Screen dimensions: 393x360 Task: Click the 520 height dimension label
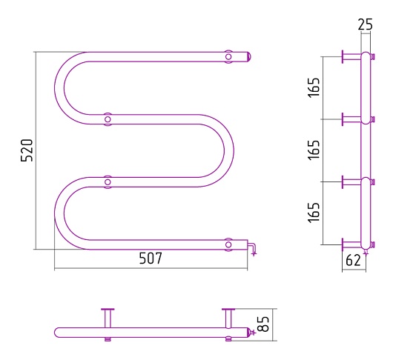(27, 150)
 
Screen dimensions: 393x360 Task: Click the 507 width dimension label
(151, 258)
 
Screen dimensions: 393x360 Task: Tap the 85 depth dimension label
(263, 324)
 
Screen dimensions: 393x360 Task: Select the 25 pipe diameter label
(365, 24)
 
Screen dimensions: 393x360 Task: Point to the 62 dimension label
(353, 260)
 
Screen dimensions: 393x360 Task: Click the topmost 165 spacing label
(314, 87)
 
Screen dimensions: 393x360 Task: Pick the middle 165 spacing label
(314, 150)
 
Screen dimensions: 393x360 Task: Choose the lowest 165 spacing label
(314, 213)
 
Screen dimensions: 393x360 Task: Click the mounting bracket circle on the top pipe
(228, 56)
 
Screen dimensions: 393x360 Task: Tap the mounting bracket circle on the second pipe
(108, 119)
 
